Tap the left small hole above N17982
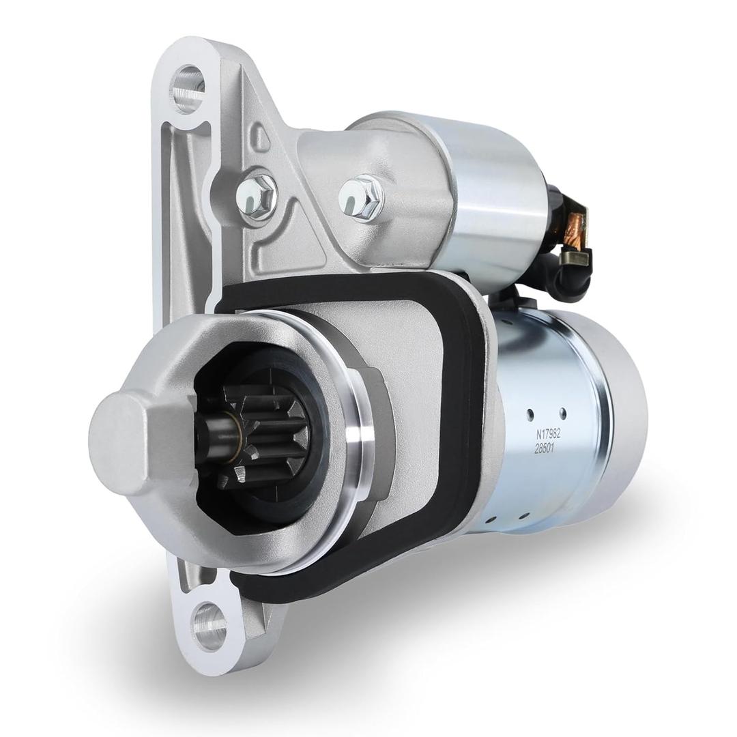coord(530,414)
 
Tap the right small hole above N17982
coord(562,412)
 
